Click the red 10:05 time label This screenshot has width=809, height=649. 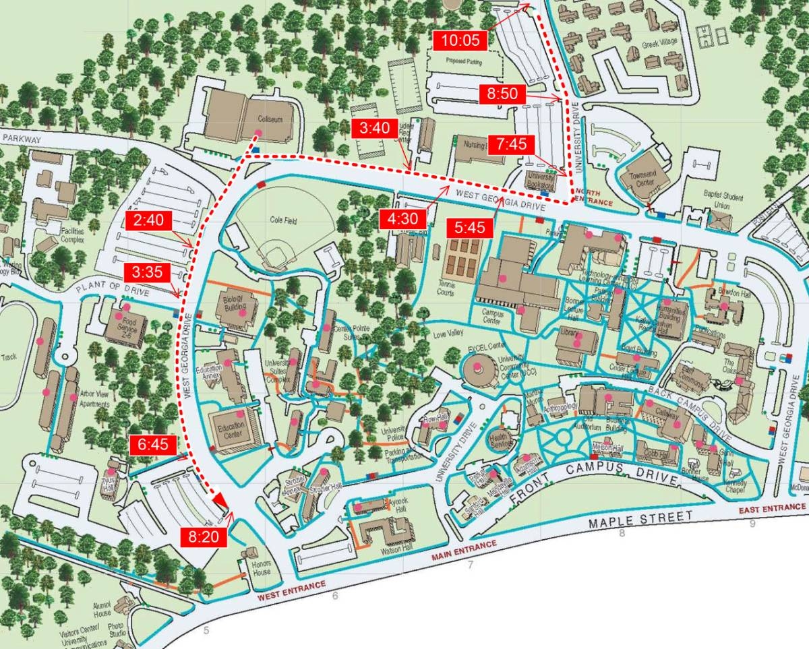pyautogui.click(x=460, y=40)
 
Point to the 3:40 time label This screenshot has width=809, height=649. pyautogui.click(x=375, y=129)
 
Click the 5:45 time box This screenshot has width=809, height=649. pyautogui.click(x=470, y=228)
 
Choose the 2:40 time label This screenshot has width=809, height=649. pyautogui.click(x=148, y=221)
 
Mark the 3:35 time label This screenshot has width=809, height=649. pyautogui.click(x=148, y=273)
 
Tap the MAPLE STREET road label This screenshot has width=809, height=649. pyautogui.click(x=640, y=519)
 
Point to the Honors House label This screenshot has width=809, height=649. pyautogui.click(x=261, y=568)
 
